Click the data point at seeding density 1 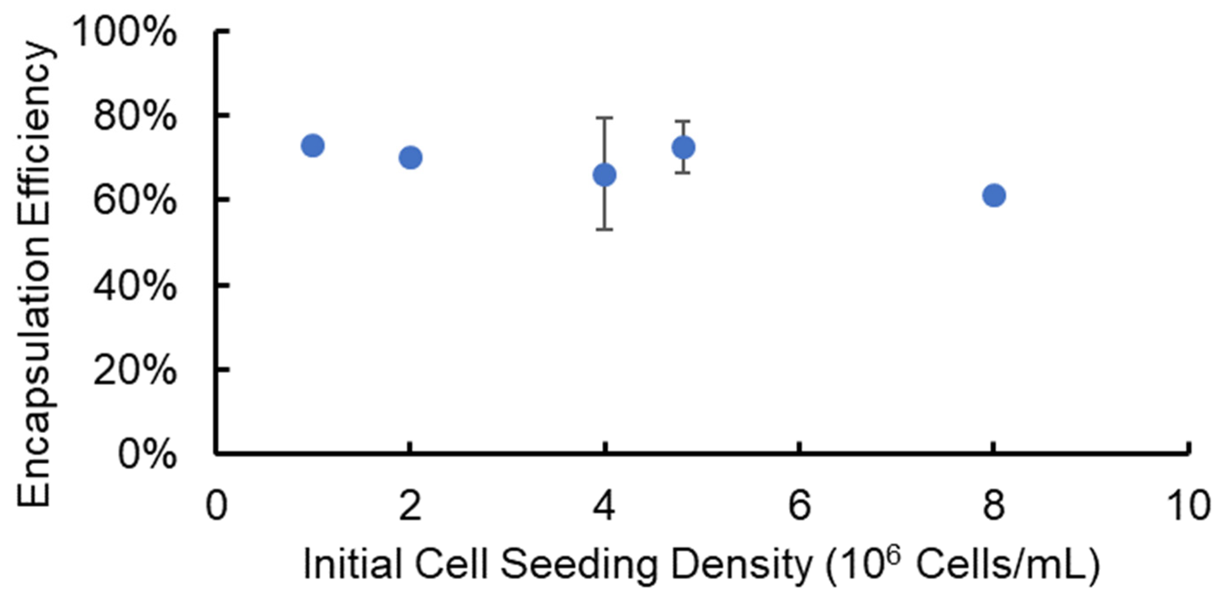313,145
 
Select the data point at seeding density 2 411,158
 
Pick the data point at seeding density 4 605,175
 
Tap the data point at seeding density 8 994,195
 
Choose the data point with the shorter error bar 684,147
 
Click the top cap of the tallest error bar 605,117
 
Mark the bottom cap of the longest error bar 605,229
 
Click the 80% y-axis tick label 135,117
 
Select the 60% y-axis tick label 135,201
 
